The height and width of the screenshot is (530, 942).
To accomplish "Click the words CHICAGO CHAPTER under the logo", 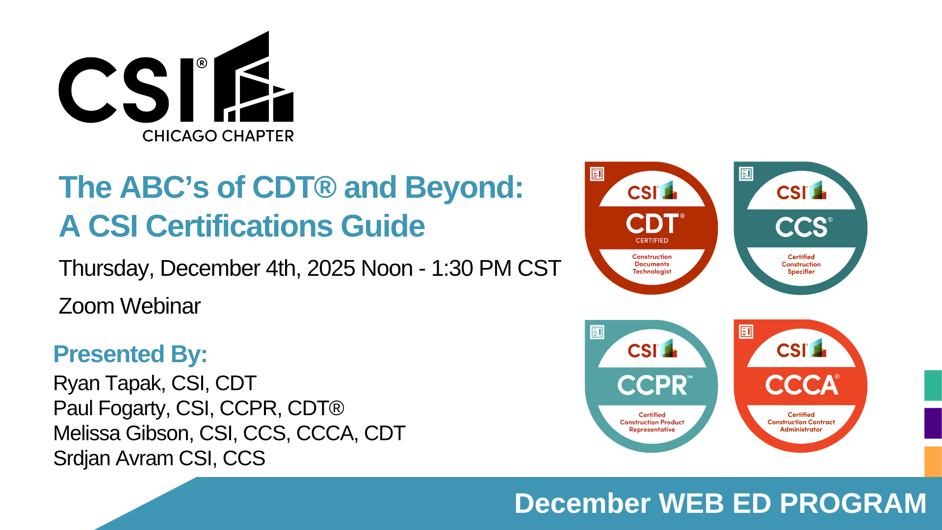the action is (218, 136).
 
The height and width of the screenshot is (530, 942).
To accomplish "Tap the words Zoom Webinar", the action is (130, 306).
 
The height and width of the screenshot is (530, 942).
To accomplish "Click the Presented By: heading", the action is (130, 354).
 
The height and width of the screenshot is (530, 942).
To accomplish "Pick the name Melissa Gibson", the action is (121, 433).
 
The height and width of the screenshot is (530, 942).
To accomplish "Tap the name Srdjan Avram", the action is (113, 458).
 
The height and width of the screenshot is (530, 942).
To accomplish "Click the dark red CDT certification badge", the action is (652, 228).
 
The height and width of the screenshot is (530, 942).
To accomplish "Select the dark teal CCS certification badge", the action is (801, 228).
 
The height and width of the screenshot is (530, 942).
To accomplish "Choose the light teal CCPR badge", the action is (652, 386).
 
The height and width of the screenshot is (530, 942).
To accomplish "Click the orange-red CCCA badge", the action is (801, 386).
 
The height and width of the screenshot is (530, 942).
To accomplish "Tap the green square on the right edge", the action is (933, 385).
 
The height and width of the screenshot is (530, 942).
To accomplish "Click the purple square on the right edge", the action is (933, 423).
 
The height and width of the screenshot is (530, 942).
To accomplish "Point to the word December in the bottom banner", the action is (582, 503).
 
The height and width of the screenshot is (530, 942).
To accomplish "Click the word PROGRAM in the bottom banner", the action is (853, 503).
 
